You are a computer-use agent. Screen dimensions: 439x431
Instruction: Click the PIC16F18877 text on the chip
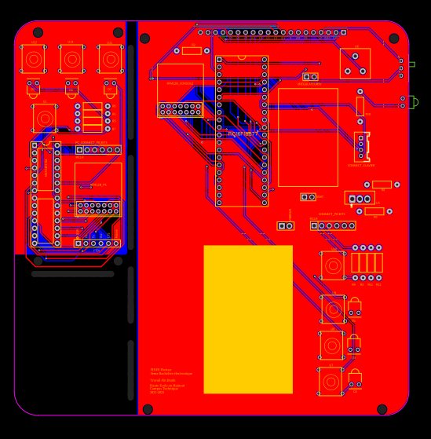(x=242, y=134)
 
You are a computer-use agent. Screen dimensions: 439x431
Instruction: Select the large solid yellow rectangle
(x=248, y=319)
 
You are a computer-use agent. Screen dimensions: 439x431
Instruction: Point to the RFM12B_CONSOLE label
(x=180, y=83)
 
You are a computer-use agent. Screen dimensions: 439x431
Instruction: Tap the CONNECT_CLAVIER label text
(x=361, y=166)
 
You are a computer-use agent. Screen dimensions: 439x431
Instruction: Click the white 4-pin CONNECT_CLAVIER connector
(x=362, y=146)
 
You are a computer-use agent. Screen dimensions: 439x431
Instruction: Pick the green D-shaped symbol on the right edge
(x=415, y=102)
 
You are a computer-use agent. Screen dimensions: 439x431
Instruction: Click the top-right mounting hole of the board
(x=394, y=38)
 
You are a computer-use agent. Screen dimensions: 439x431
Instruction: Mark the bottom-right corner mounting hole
(x=382, y=409)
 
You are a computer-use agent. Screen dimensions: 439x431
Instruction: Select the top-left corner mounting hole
(x=38, y=33)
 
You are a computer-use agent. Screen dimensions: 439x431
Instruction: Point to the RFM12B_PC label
(x=98, y=185)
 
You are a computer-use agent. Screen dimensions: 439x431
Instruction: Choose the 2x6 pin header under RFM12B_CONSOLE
(x=181, y=109)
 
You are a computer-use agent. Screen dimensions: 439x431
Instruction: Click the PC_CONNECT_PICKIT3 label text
(x=91, y=143)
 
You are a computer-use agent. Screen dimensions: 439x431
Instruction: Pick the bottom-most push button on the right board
(x=331, y=381)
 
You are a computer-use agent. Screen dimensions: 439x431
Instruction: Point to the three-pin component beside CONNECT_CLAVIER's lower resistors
(x=360, y=199)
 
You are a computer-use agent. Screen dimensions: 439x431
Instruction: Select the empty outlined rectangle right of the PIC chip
(x=308, y=137)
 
